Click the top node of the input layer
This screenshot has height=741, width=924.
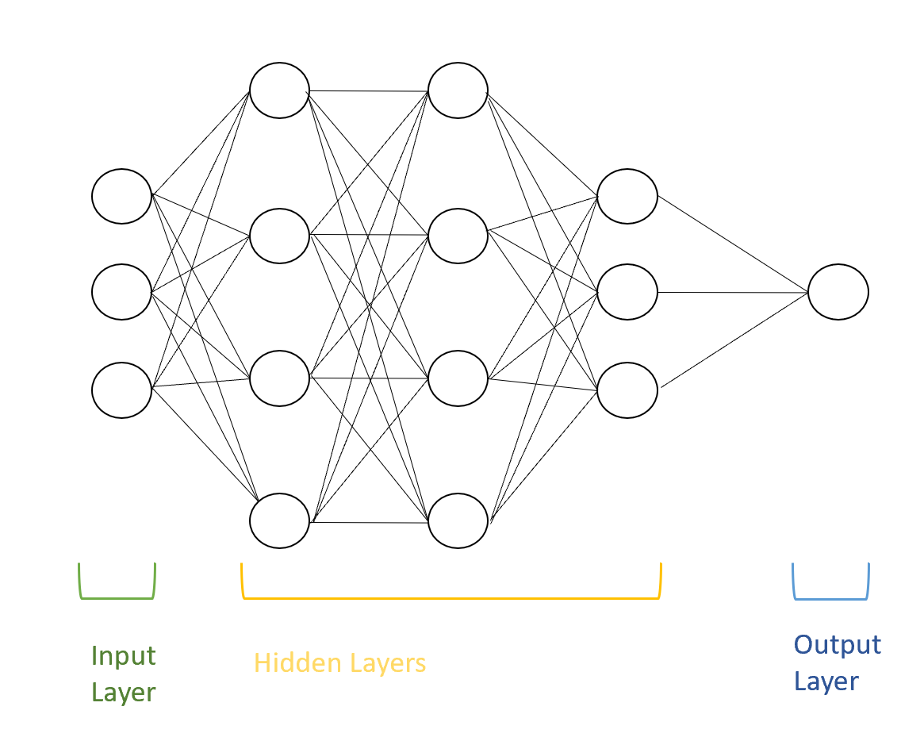tap(121, 196)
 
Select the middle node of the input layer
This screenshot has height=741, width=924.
tap(121, 293)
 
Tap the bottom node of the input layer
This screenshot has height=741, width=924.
tap(121, 390)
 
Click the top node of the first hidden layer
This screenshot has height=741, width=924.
tap(279, 90)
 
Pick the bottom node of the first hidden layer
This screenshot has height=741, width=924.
tap(279, 520)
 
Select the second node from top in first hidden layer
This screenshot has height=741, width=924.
tap(279, 236)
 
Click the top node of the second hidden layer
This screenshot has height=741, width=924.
tap(458, 90)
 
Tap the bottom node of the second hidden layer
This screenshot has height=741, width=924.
tap(458, 520)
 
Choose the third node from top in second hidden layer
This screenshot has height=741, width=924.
tap(458, 378)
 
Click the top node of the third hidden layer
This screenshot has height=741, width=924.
tap(627, 196)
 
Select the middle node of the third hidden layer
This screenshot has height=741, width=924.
tap(627, 293)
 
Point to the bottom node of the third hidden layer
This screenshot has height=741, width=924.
tap(627, 390)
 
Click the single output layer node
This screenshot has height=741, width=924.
tap(838, 292)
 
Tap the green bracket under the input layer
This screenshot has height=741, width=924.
tap(117, 598)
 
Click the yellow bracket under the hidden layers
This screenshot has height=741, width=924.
tap(450, 598)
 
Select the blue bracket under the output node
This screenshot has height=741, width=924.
tap(830, 598)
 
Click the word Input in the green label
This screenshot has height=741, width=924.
tap(123, 657)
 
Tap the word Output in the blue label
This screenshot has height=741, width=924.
tap(838, 644)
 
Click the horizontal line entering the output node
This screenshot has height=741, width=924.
tap(734, 292)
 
